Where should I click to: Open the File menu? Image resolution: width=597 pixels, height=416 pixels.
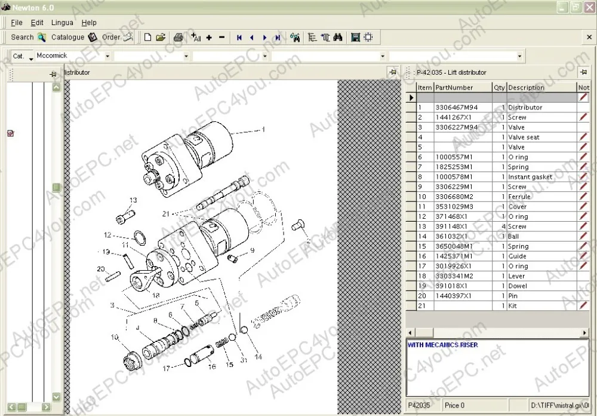pyautogui.click(x=17, y=23)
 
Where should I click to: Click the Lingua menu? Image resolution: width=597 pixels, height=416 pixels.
pyautogui.click(x=62, y=23)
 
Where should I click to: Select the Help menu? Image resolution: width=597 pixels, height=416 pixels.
pyautogui.click(x=89, y=23)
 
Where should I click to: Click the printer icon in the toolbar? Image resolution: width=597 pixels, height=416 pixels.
pyautogui.click(x=178, y=37)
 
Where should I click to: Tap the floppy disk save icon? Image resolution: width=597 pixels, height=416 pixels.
pyautogui.click(x=355, y=37)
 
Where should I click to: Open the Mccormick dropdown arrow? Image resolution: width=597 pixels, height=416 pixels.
pyautogui.click(x=107, y=56)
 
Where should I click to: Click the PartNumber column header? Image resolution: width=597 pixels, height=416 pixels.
pyautogui.click(x=454, y=87)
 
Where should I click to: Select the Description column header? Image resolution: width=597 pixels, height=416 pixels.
pyautogui.click(x=526, y=87)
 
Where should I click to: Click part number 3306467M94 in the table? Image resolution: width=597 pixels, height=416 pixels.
pyautogui.click(x=456, y=108)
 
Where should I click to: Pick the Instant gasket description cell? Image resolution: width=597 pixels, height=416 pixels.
pyautogui.click(x=530, y=177)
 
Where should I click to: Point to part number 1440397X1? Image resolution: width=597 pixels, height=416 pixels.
pyautogui.click(x=453, y=296)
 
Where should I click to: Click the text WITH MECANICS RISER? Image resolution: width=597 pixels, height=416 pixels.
pyautogui.click(x=442, y=345)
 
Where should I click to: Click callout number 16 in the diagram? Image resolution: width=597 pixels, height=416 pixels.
pyautogui.click(x=212, y=366)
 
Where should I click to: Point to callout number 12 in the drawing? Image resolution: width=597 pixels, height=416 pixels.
pyautogui.click(x=107, y=235)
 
